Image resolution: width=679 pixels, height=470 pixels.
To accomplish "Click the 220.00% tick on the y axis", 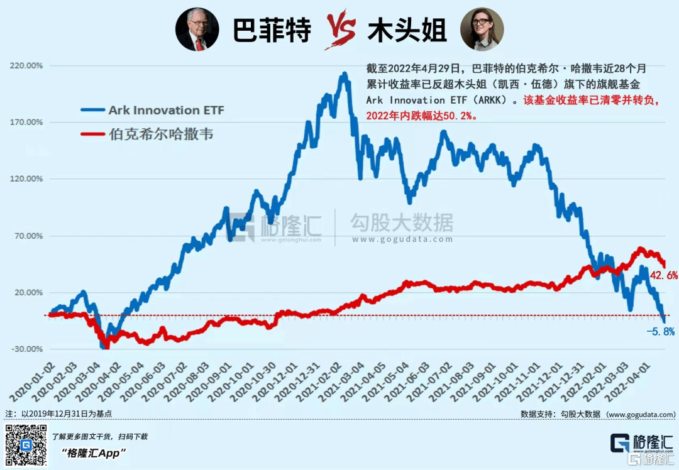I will (25, 66).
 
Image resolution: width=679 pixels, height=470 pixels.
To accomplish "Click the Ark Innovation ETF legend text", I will (166, 111).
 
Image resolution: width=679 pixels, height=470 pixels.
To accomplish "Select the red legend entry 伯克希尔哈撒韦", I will (160, 134).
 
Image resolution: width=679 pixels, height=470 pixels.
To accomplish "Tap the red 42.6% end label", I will (663, 275).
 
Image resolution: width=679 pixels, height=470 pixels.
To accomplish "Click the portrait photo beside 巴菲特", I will (197, 30).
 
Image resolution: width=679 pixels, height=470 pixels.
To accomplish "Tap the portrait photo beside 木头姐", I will (482, 30).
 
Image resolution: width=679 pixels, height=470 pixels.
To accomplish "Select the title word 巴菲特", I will (272, 30).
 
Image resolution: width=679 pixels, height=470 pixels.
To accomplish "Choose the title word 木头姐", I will (407, 30).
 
